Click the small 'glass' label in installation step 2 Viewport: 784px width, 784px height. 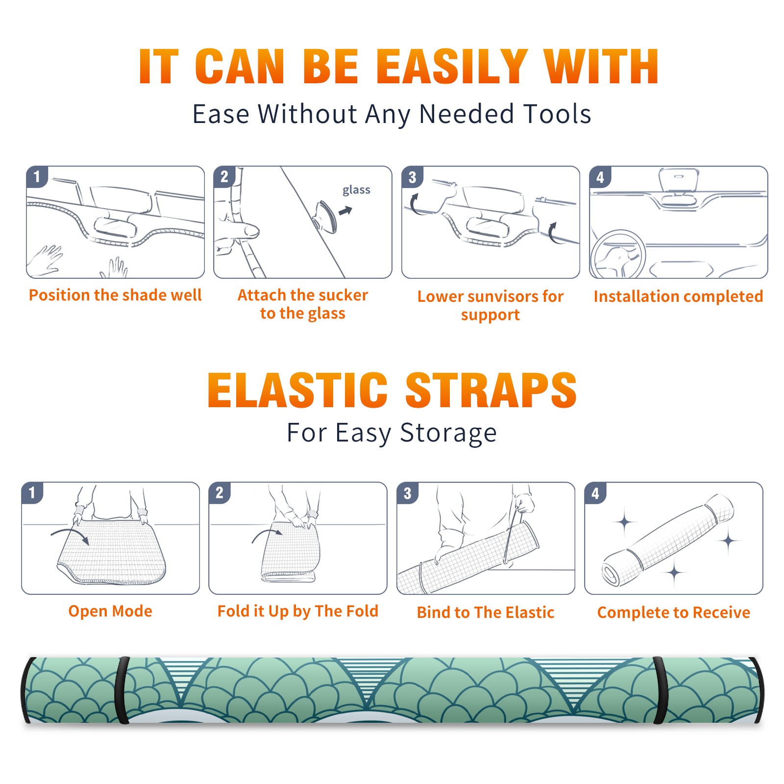[356, 190]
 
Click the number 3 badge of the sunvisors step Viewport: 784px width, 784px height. [412, 177]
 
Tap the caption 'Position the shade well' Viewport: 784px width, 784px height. [115, 295]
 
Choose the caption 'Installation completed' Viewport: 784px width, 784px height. [678, 296]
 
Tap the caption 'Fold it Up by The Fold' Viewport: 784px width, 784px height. [297, 611]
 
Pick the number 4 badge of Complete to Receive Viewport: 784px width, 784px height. [595, 493]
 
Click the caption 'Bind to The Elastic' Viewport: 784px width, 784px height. [485, 612]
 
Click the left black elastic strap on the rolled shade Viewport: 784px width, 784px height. [122, 690]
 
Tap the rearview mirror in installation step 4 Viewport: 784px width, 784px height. [679, 180]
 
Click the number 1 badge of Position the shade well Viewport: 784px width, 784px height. [37, 177]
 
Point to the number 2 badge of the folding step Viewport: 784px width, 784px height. [219, 493]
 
